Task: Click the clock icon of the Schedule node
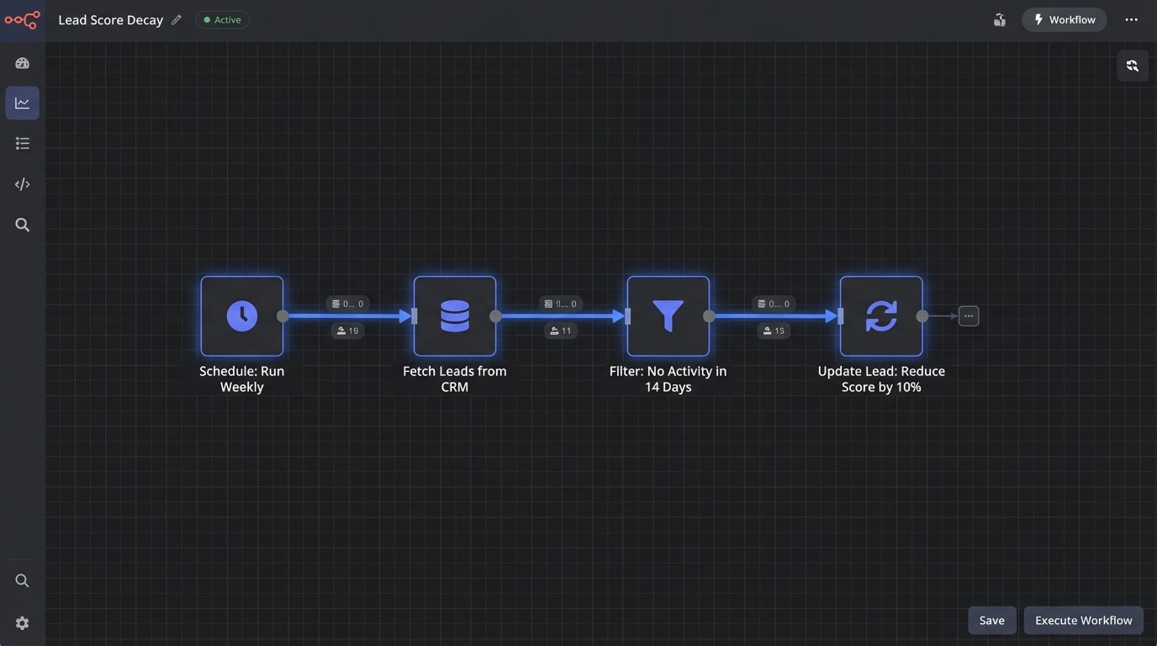(242, 316)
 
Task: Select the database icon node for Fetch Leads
(455, 316)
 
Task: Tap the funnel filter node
(668, 316)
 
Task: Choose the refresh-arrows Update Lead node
(881, 316)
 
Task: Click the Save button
(992, 621)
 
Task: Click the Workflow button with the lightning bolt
(1065, 20)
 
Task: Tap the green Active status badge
(223, 20)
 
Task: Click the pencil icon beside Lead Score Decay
(177, 20)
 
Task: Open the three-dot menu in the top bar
(1132, 20)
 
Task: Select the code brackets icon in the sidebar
(23, 184)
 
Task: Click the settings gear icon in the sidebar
(23, 623)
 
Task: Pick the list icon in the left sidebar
(23, 144)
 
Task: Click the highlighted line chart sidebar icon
(23, 103)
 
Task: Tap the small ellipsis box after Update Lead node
(969, 316)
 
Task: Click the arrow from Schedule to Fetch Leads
(348, 316)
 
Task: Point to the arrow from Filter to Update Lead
(774, 316)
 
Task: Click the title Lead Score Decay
(110, 20)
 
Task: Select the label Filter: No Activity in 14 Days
(668, 379)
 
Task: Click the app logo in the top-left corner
(22, 20)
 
